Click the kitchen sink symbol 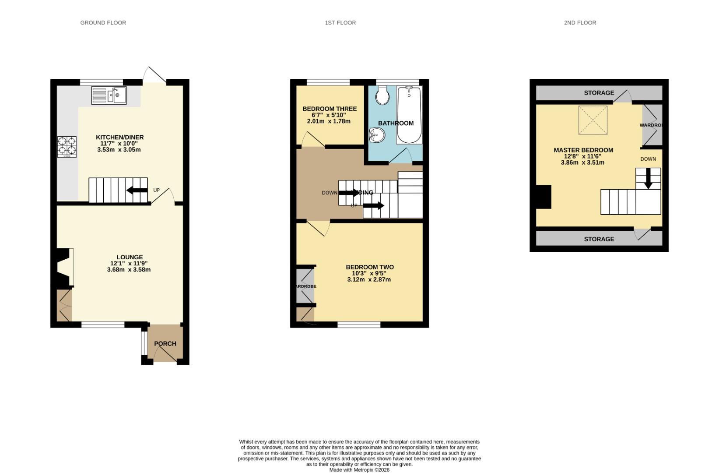pos(109,95)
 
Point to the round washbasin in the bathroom pos(376,136)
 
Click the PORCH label pos(165,344)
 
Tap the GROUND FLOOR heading pos(103,23)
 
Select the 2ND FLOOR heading pos(580,23)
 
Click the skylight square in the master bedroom pos(593,120)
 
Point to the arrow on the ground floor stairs pos(137,190)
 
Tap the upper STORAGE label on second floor pos(599,93)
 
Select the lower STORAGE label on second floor pos(599,239)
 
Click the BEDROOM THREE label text pos(329,109)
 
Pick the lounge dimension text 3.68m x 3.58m pos(129,270)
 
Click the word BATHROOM pos(396,124)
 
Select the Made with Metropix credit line pos(359,470)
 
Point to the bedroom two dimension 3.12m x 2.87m pos(369,279)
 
